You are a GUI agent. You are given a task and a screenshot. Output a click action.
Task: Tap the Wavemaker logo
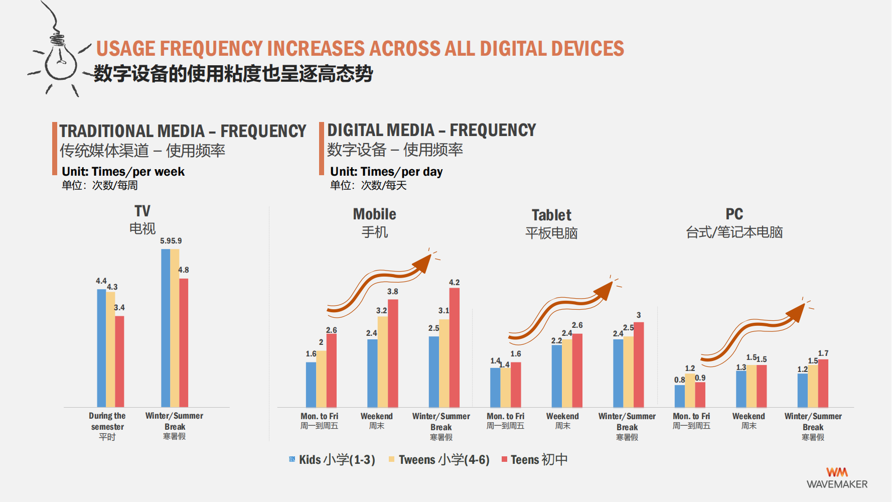click(837, 478)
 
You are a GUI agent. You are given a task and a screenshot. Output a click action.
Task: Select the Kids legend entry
click(332, 459)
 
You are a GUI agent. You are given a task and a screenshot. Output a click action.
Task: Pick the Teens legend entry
click(534, 459)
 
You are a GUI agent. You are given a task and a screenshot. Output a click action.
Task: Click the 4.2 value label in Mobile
click(454, 283)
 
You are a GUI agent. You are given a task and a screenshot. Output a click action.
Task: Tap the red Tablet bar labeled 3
click(639, 364)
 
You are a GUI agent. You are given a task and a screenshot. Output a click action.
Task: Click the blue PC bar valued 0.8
click(680, 396)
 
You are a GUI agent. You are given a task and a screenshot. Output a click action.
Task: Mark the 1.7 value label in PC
click(823, 353)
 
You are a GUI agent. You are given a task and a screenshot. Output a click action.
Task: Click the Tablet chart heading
click(551, 215)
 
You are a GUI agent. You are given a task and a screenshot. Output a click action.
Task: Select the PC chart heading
click(734, 214)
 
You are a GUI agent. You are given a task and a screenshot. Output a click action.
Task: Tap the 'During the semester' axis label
click(107, 421)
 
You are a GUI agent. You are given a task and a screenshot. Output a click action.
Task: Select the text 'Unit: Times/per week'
click(123, 172)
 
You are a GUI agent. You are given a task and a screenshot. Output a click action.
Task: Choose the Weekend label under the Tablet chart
click(562, 416)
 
